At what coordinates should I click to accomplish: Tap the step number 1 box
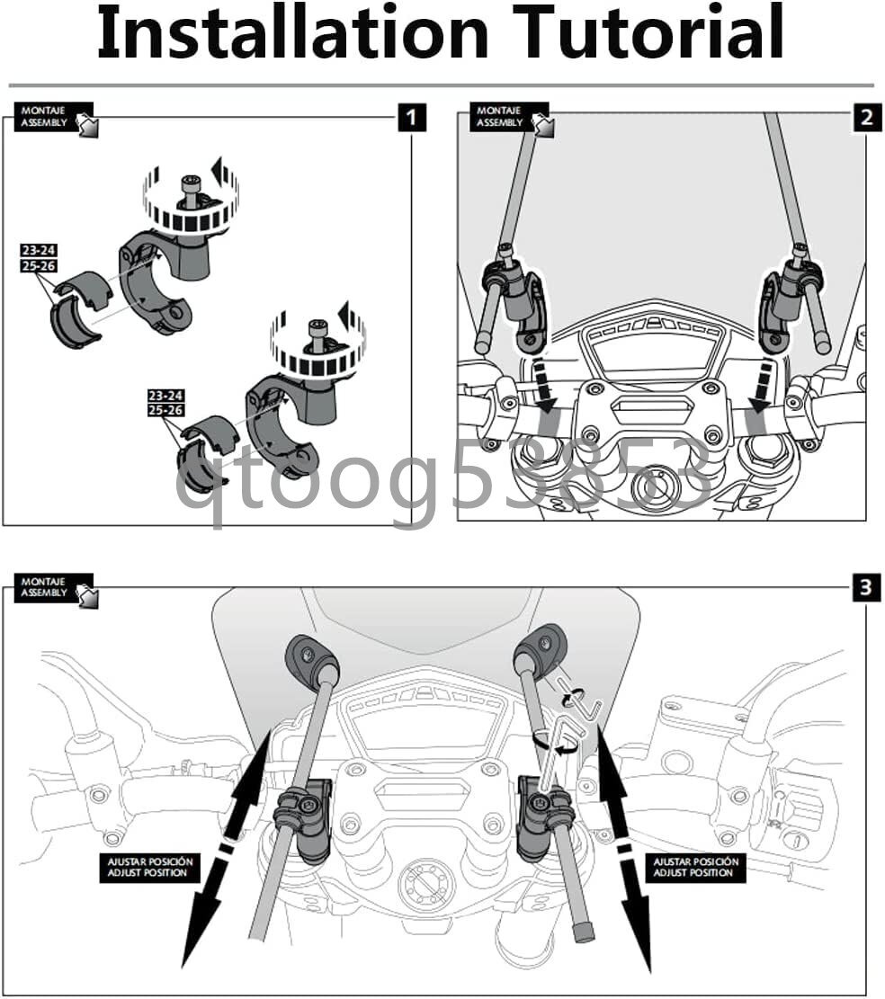pyautogui.click(x=412, y=117)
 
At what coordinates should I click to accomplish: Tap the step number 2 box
pyautogui.click(x=866, y=117)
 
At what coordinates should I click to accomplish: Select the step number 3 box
pyautogui.click(x=866, y=586)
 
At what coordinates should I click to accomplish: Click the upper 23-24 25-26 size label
pyautogui.click(x=39, y=258)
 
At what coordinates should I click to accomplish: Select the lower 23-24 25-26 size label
pyautogui.click(x=165, y=403)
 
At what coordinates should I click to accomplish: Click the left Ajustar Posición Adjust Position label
pyautogui.click(x=149, y=867)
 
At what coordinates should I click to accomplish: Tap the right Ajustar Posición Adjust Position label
pyautogui.click(x=696, y=867)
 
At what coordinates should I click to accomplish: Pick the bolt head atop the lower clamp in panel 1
pyautogui.click(x=317, y=328)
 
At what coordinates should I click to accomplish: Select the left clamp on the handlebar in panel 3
pyautogui.click(x=305, y=818)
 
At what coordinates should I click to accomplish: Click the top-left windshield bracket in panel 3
pyautogui.click(x=312, y=657)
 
